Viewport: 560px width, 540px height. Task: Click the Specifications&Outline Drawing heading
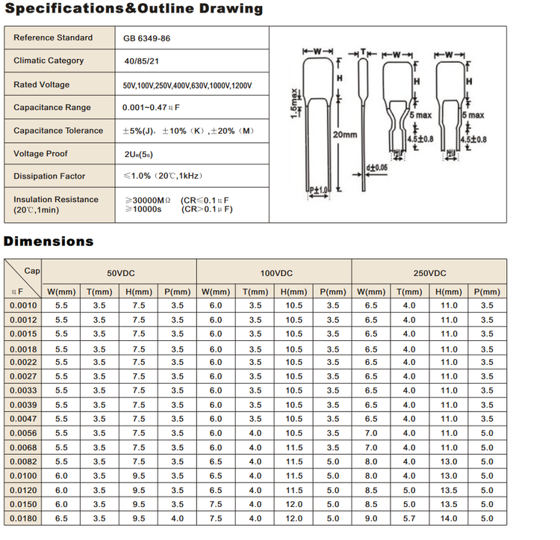pos(134,9)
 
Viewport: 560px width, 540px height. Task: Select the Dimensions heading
pos(49,241)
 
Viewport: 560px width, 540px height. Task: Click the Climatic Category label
pos(49,61)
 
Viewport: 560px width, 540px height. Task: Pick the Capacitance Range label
pos(52,108)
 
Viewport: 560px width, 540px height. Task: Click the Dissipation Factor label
pos(49,177)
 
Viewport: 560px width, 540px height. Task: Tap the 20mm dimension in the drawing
pos(345,135)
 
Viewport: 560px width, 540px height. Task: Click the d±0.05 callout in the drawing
pos(377,167)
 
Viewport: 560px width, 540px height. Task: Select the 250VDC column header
pos(429,274)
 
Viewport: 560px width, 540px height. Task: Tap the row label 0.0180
pos(23,518)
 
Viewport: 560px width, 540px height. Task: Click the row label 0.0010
pos(23,306)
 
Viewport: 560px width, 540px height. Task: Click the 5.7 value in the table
pos(409,518)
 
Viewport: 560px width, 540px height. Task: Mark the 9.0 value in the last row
pos(371,518)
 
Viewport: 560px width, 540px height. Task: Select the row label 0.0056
pos(23,433)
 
